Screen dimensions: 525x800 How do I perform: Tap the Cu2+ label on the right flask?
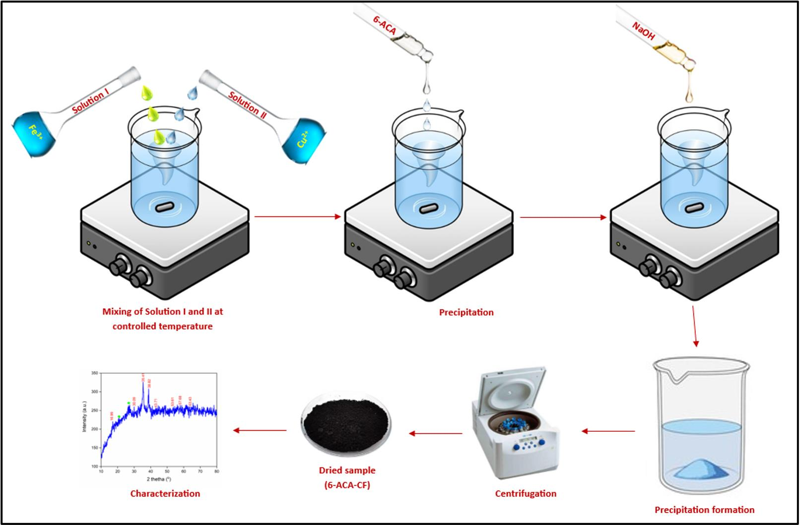click(302, 139)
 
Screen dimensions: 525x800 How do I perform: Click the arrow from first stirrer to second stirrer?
click(298, 217)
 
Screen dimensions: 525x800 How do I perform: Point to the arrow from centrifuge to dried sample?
click(435, 433)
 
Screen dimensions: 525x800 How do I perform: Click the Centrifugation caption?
click(526, 494)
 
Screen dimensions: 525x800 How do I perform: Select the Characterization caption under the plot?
click(165, 494)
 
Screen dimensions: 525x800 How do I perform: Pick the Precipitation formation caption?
click(704, 510)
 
